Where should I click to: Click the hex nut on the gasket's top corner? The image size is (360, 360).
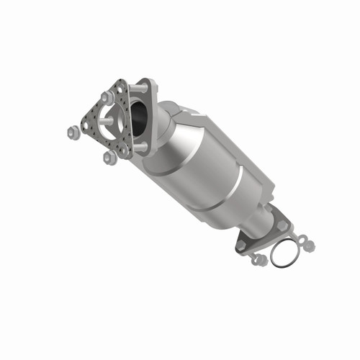tap(107, 96)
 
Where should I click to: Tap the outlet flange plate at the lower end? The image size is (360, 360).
tap(265, 229)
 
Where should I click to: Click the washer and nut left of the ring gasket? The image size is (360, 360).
tap(258, 258)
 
